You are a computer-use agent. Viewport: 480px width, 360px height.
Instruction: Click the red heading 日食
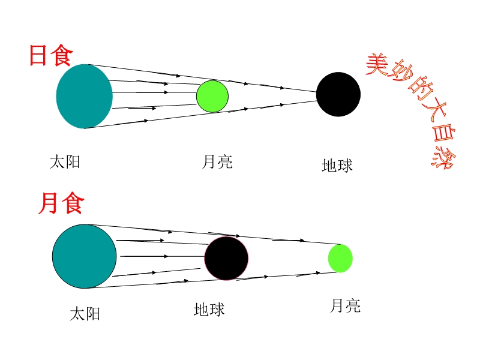[51, 55]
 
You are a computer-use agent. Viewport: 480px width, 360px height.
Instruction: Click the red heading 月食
[61, 203]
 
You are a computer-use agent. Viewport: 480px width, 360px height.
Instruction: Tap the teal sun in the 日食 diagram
[84, 96]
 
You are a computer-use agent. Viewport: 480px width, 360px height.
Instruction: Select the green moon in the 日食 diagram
[212, 97]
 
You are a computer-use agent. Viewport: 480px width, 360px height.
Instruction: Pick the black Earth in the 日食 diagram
[338, 94]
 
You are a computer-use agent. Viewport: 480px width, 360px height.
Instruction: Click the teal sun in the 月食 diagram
[84, 256]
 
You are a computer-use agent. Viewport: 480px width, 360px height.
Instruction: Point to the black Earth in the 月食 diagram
[226, 258]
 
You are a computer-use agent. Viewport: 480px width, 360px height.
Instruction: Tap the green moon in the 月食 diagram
[340, 259]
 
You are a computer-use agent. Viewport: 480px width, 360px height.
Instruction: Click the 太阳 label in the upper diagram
[65, 162]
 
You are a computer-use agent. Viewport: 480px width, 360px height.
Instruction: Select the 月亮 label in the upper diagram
[217, 162]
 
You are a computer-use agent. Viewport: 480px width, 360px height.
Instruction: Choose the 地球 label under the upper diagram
[337, 166]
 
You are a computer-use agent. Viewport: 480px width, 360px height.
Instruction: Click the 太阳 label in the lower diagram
[85, 314]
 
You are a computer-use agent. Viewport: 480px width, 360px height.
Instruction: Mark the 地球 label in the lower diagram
[209, 309]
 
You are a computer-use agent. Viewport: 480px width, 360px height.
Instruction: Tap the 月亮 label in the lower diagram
[345, 306]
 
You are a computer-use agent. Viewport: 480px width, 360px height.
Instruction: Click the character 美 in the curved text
[377, 64]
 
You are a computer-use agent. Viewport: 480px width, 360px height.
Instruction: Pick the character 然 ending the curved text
[443, 157]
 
